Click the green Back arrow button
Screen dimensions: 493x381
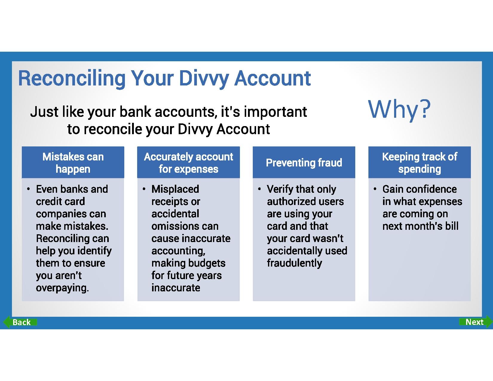coord(20,322)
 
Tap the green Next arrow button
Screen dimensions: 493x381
coord(476,322)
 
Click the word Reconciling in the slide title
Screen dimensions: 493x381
coord(72,79)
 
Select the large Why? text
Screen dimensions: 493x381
coord(399,109)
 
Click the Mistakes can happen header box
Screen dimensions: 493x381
coord(73,163)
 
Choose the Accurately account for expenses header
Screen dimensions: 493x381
coord(188,163)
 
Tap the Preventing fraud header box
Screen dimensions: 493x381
coord(304,163)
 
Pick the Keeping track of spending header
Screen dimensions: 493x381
coord(419,163)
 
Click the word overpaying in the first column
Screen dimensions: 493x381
coord(62,288)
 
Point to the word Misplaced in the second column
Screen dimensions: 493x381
coord(175,189)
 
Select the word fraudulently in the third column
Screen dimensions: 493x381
coord(295,263)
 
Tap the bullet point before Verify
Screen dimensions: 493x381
coord(259,189)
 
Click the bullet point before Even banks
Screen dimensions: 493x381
coord(28,189)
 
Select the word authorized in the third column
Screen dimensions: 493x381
coord(290,201)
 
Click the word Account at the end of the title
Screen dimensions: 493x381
coord(272,79)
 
